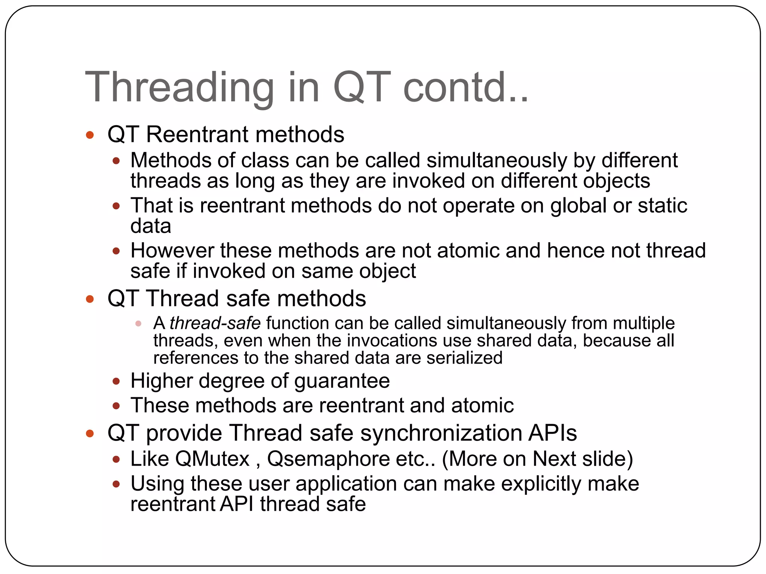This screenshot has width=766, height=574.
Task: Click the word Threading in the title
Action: (180, 88)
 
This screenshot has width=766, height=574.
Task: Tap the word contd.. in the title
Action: (466, 88)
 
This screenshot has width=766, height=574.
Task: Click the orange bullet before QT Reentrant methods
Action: (90, 135)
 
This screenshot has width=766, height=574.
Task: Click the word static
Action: (662, 206)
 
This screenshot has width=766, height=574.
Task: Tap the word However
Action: (172, 250)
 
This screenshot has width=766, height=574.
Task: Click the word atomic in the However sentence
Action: (468, 250)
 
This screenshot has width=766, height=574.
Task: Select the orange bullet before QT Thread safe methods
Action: (90, 299)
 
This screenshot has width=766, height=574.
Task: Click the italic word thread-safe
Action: (215, 323)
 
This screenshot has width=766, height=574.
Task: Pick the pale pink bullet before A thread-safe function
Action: (138, 324)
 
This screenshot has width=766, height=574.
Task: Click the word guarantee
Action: (342, 382)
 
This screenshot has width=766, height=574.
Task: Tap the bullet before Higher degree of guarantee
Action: (116, 382)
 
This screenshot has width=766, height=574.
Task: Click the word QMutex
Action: (212, 459)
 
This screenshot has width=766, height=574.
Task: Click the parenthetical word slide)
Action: (607, 459)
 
